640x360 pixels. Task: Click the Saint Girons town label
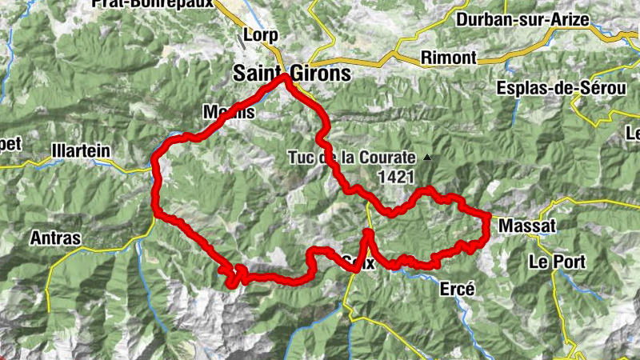click(291, 73)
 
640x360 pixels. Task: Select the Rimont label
click(448, 58)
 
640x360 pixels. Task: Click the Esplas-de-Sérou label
click(559, 88)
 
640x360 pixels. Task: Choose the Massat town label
click(526, 227)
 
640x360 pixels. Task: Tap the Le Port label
click(558, 262)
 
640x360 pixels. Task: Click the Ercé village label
click(458, 289)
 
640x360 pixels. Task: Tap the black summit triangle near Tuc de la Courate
click(428, 158)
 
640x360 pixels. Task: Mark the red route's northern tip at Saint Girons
click(285, 78)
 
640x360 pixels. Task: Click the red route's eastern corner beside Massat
click(486, 216)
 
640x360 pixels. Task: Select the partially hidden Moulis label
click(229, 113)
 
